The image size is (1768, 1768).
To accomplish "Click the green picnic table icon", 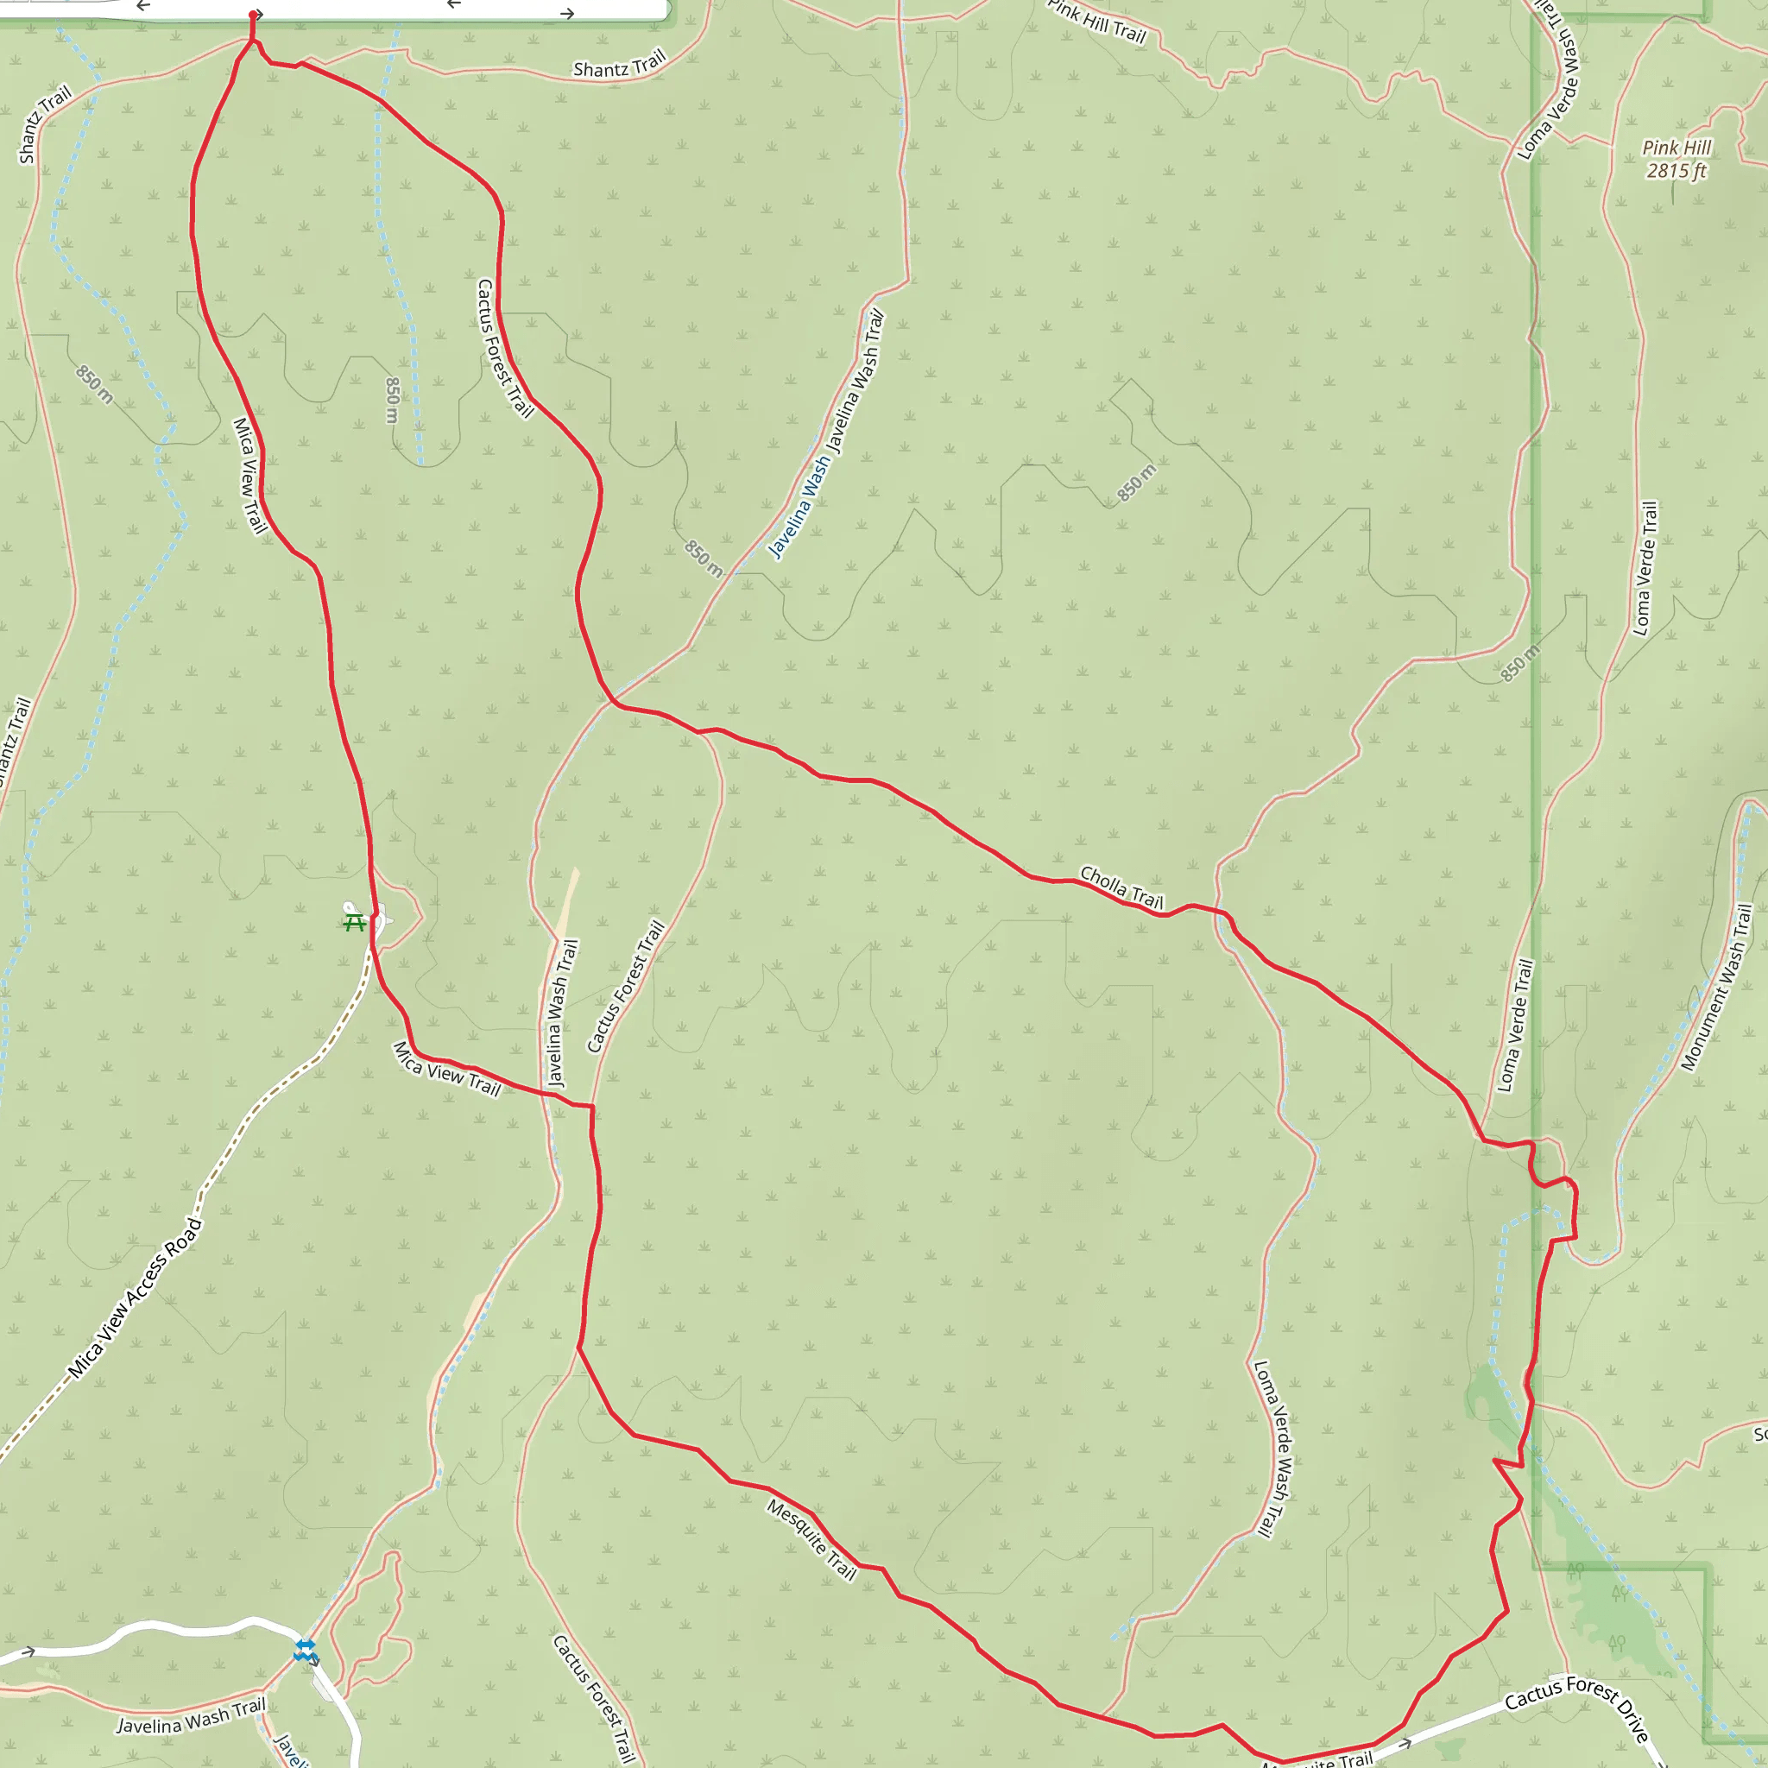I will pyautogui.click(x=354, y=923).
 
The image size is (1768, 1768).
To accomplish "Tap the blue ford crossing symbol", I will pyautogui.click(x=305, y=1650).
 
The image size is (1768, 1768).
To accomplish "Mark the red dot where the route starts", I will pyautogui.click(x=254, y=15).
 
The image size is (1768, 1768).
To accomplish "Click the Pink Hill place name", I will pyautogui.click(x=1676, y=148).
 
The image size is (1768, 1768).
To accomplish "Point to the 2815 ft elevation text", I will pyautogui.click(x=1676, y=171).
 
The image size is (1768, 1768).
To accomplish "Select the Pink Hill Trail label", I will pyautogui.click(x=1096, y=20).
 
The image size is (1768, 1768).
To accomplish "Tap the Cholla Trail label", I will pyautogui.click(x=1121, y=887).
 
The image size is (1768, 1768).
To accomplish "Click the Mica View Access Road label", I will pyautogui.click(x=136, y=1298).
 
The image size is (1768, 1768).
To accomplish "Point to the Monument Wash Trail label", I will pyautogui.click(x=1717, y=988).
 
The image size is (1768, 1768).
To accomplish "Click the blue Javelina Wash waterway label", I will pyautogui.click(x=799, y=507).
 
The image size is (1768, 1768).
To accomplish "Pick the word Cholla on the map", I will pyautogui.click(x=1103, y=881).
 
